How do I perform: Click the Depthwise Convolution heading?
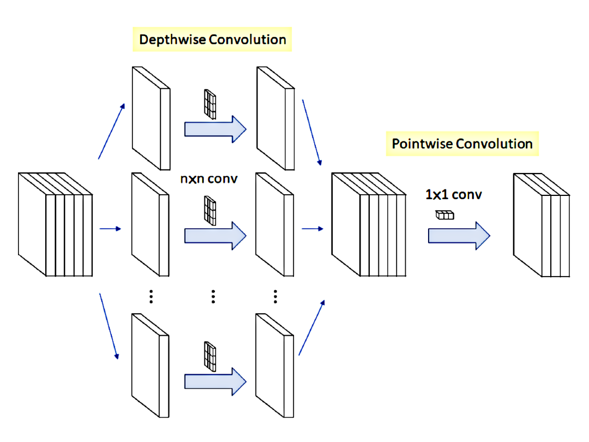(212, 40)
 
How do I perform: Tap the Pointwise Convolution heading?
(462, 144)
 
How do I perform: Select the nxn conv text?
(208, 178)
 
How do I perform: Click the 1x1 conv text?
(453, 195)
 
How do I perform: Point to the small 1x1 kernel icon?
(444, 215)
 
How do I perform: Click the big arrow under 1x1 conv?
(459, 236)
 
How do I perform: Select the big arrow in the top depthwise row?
(215, 129)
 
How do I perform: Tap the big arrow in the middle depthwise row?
(215, 236)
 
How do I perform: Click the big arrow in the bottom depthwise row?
(215, 381)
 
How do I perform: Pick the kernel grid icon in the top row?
(210, 104)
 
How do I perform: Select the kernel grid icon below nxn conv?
(210, 210)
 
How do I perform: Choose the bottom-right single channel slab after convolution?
(274, 366)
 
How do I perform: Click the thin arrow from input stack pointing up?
(111, 131)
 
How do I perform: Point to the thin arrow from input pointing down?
(109, 326)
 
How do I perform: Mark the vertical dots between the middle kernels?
(213, 296)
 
